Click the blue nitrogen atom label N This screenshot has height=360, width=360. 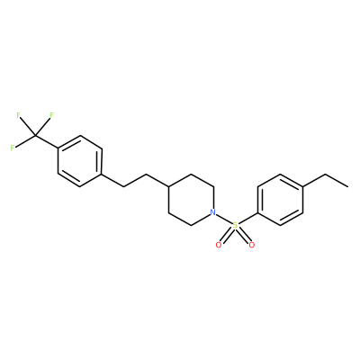pos(212,212)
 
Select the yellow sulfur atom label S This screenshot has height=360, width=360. pos(235,225)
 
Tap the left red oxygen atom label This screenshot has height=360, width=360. pos(219,245)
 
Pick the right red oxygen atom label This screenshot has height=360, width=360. pos(252,245)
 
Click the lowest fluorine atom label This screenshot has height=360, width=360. pos(13,148)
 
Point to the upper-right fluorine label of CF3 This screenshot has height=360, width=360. pos(51,115)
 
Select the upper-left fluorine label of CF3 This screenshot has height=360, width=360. pos(19,115)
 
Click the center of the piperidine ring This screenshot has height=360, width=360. pos(191,200)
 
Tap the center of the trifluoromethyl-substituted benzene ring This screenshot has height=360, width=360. pos(80,161)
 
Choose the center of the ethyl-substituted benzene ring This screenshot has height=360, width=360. pos(280,200)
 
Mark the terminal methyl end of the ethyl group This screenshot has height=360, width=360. pos(348,186)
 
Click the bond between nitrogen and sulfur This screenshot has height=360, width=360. pos(224,219)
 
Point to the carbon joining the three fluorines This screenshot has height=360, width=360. pos(35,136)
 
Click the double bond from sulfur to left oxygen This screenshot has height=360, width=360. pos(227,235)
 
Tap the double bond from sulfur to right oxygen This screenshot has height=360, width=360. pos(243,235)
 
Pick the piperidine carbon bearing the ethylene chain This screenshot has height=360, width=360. pos(168,186)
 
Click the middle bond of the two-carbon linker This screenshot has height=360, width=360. pos(135,180)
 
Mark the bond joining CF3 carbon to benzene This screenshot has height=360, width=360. pos(46,142)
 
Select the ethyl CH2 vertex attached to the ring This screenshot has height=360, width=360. pos(326,174)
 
